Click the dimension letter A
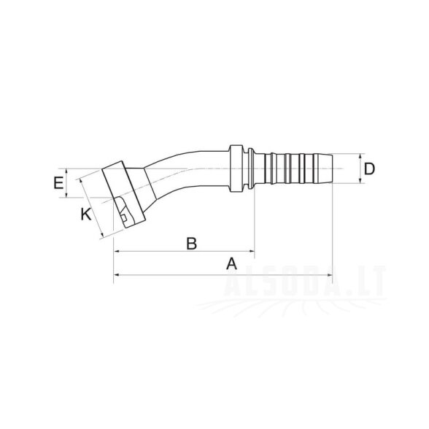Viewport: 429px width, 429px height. tap(231, 264)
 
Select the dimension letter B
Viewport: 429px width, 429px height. tap(191, 243)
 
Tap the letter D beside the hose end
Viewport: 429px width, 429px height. tap(369, 169)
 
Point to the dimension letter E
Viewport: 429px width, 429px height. tap(58, 183)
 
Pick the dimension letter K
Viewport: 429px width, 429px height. tap(86, 214)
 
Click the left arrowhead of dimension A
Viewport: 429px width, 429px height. tap(117, 275)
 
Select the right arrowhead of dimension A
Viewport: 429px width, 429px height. tap(330, 275)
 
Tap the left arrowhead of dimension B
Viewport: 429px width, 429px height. tap(117, 251)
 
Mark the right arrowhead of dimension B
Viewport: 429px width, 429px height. tap(252, 251)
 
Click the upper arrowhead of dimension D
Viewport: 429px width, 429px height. tap(360, 157)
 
